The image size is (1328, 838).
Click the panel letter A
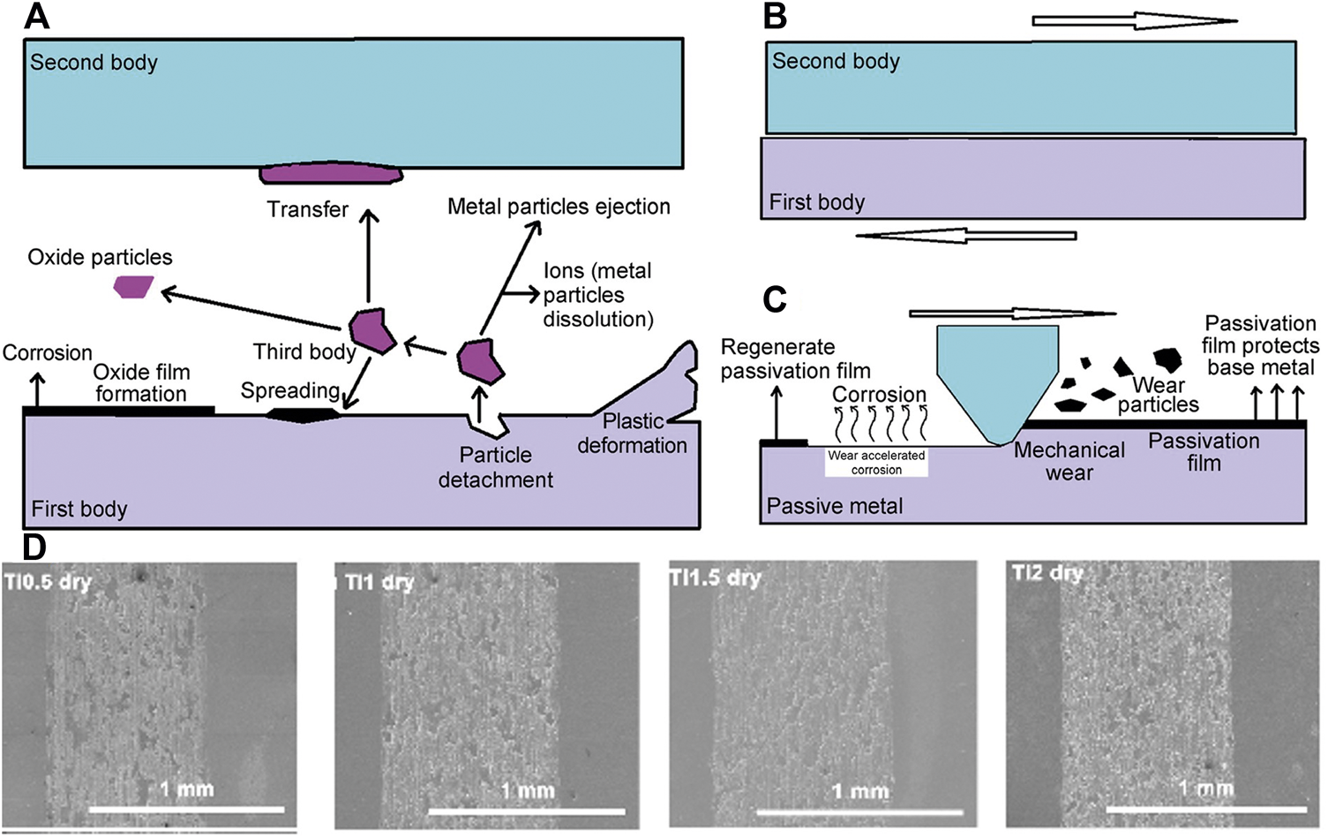point(37,17)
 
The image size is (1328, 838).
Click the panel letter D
point(34,547)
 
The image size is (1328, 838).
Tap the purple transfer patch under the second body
point(331,173)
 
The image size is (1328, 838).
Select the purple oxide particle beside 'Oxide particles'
point(134,287)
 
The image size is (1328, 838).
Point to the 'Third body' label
point(304,352)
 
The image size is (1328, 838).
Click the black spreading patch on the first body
point(303,414)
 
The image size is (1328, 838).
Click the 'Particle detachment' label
point(495,467)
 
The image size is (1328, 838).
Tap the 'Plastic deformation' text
point(632,434)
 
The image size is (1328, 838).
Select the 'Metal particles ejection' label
point(559,207)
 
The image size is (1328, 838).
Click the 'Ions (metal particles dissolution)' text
point(597,295)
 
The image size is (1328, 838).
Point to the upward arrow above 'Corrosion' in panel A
point(36,389)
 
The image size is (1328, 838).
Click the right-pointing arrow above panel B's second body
point(1134,20)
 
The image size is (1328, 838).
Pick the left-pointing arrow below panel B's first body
point(966,236)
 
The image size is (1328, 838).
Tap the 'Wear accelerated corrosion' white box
point(876,463)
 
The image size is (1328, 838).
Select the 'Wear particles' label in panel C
point(1158,395)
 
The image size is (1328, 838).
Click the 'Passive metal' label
point(834,507)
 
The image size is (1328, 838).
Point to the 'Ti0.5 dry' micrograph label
point(48,582)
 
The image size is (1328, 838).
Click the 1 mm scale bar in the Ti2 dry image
point(1205,808)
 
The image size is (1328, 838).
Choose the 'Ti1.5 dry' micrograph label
point(715,578)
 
